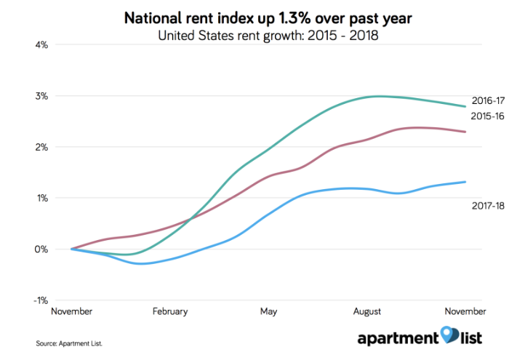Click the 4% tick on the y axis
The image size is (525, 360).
point(41,45)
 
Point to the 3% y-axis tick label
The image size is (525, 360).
point(41,96)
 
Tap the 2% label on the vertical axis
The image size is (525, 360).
point(41,147)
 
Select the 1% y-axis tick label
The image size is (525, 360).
point(41,198)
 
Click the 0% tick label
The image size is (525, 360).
point(41,249)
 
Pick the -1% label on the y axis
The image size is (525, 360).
point(39,300)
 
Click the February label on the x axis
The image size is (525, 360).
point(170,311)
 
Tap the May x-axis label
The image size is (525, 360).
point(268,311)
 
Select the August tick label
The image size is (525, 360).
point(367,311)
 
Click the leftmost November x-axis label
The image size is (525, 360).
point(71,311)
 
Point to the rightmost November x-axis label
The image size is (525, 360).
point(465,311)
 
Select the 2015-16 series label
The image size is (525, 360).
point(488,116)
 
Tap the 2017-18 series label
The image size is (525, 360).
point(488,207)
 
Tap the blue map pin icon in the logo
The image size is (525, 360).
point(450,337)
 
